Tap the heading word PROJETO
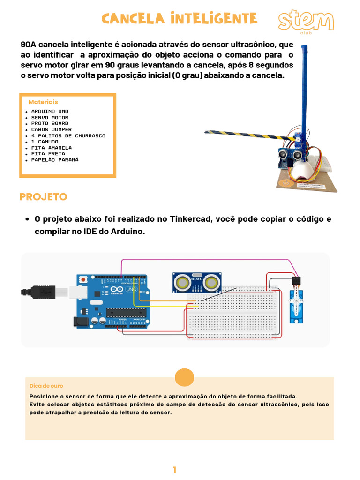[x=43, y=197]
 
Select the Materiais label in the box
[x=43, y=102]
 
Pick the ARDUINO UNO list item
[x=50, y=112]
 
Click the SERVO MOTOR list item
[x=50, y=118]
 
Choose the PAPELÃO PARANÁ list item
[x=55, y=160]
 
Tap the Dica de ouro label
[x=46, y=386]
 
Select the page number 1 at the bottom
[x=174, y=470]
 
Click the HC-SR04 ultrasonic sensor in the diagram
[x=197, y=282]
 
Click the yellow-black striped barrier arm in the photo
[x=244, y=135]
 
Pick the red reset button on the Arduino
[x=83, y=280]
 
